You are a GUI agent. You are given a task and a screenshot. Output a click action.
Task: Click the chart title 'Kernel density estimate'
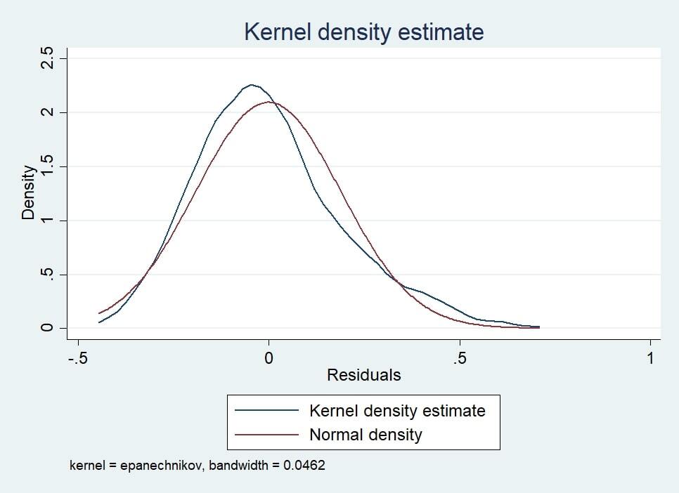pyautogui.click(x=363, y=32)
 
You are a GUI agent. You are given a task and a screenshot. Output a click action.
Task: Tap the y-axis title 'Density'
pyautogui.click(x=28, y=192)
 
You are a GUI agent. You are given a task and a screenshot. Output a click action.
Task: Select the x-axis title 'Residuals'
pyautogui.click(x=363, y=375)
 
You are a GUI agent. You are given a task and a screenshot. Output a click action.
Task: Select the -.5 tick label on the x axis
pyautogui.click(x=77, y=357)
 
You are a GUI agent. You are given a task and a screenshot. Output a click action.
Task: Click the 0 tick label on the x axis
pyautogui.click(x=268, y=357)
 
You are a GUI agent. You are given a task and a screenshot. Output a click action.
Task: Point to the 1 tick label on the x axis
pyautogui.click(x=650, y=357)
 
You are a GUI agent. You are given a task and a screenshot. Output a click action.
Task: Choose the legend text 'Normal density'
pyautogui.click(x=366, y=435)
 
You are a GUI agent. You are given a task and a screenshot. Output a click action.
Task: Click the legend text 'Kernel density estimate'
pyautogui.click(x=397, y=410)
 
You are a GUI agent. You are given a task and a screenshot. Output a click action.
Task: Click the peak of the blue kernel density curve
pyautogui.click(x=251, y=85)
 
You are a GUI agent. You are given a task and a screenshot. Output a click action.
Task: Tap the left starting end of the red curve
pyautogui.click(x=99, y=313)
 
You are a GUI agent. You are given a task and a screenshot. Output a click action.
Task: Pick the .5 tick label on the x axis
pyautogui.click(x=459, y=357)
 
